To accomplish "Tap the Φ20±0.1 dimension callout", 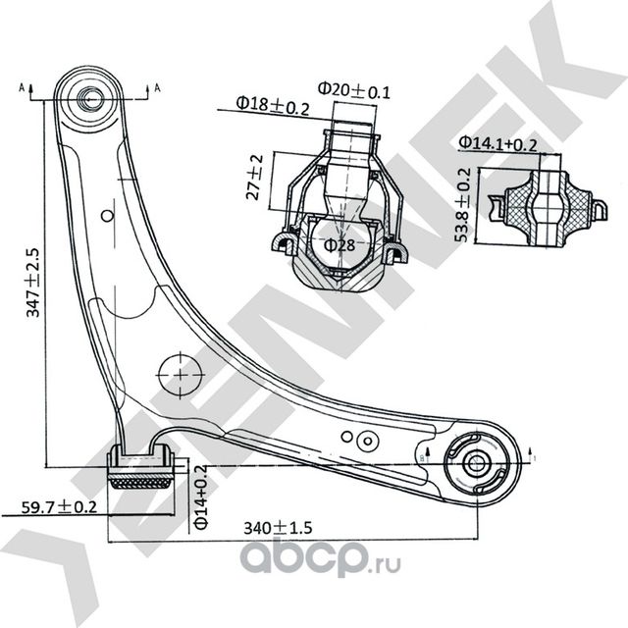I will click(354, 91).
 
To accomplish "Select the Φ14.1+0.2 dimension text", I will click(497, 144).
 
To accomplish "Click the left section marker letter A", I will click(22, 87).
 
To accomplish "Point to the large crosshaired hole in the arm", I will click(179, 373).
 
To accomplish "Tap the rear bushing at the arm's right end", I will click(479, 461).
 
